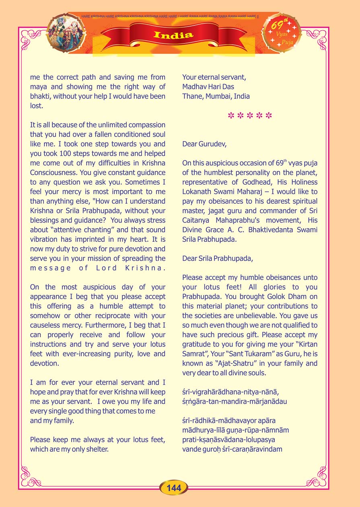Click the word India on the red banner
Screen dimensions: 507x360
(173, 35)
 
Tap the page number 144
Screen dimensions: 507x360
(174, 488)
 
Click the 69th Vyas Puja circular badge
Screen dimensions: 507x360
(282, 33)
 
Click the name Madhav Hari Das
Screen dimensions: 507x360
(208, 87)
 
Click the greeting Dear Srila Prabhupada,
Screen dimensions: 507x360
(218, 258)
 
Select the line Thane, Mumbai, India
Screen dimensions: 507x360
(216, 96)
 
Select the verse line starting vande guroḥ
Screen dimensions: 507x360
(232, 449)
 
